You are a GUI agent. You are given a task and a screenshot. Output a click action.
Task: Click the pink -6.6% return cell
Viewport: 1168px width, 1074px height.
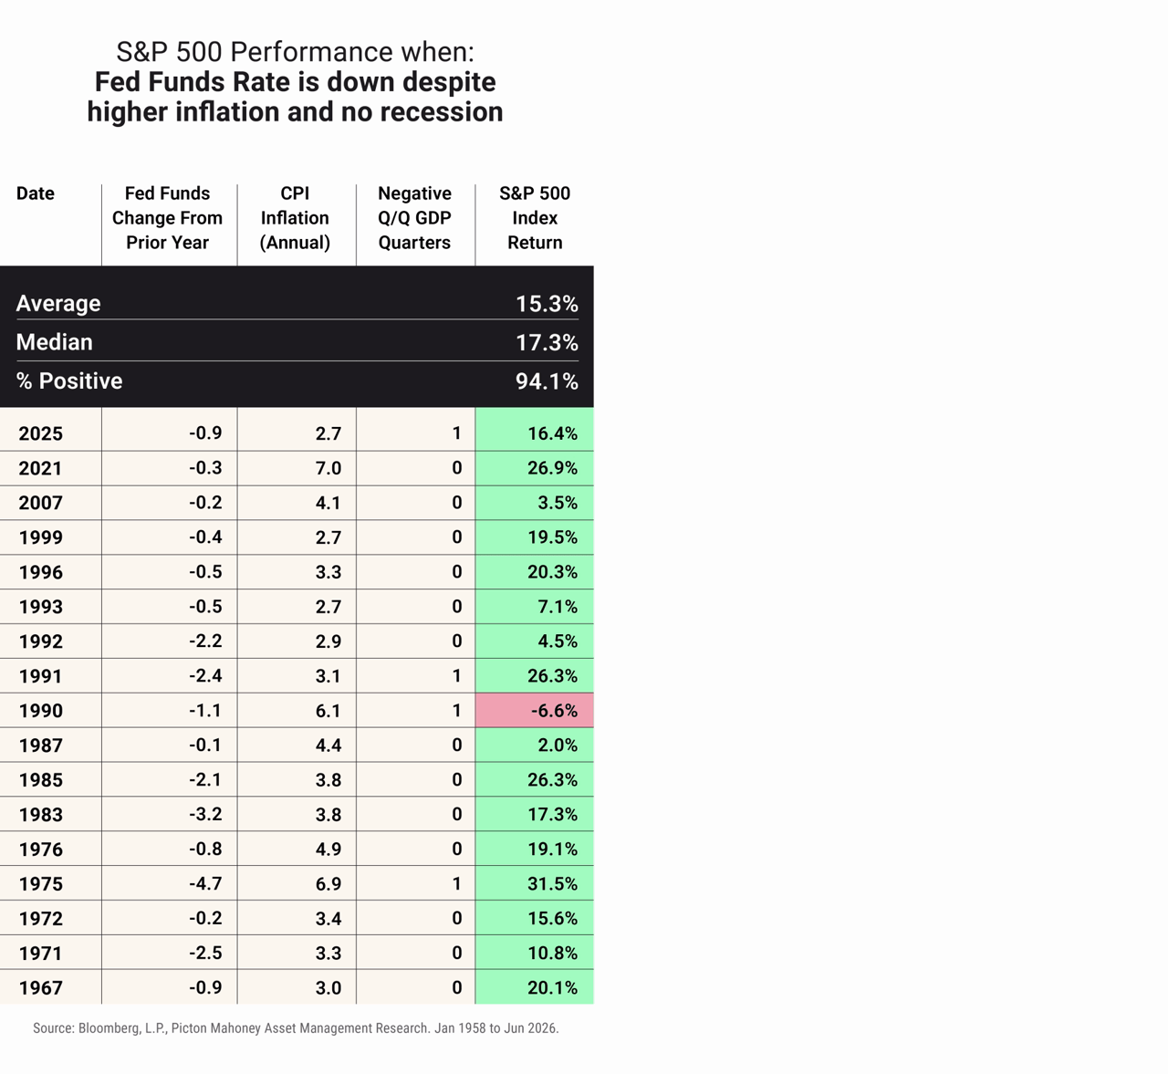535,710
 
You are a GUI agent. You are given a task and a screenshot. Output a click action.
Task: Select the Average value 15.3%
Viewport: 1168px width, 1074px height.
547,304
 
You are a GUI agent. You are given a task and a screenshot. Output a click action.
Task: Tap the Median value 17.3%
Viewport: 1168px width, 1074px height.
547,342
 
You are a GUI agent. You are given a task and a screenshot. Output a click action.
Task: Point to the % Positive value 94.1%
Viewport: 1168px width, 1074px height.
547,381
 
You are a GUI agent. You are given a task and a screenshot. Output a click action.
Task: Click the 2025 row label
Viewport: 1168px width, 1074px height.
41,433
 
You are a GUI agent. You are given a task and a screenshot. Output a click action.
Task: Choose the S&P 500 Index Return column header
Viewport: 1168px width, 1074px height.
535,218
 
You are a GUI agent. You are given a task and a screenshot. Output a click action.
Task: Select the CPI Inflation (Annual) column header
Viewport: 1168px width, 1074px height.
295,218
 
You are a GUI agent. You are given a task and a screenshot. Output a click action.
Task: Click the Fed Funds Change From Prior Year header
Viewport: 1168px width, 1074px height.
167,218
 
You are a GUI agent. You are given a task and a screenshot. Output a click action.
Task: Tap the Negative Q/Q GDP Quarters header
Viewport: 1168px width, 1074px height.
414,218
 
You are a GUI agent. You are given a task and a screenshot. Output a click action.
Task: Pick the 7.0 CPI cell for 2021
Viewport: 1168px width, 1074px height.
328,468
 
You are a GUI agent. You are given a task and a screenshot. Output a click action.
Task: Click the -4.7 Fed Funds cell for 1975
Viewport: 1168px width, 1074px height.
205,883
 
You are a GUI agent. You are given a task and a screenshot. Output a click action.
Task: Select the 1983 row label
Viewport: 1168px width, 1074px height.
41,814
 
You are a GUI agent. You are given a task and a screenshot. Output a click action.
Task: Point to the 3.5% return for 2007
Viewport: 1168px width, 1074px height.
558,503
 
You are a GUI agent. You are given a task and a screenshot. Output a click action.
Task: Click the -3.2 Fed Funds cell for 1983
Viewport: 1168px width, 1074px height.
205,814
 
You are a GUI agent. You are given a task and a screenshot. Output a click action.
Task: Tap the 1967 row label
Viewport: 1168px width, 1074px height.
41,988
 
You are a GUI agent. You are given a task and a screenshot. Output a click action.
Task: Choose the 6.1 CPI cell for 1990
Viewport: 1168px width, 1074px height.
328,711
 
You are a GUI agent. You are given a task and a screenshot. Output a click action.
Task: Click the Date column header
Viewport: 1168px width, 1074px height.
36,193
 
